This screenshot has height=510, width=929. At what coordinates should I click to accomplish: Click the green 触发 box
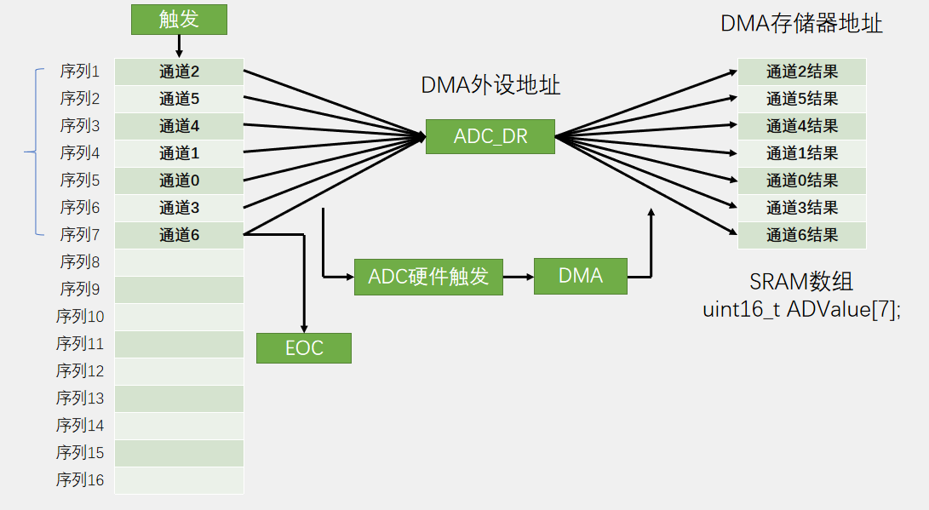pos(179,20)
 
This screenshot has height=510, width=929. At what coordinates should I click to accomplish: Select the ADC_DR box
pos(490,136)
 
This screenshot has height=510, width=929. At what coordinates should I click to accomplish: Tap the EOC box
pos(304,347)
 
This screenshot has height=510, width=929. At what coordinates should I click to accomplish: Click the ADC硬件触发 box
pos(428,277)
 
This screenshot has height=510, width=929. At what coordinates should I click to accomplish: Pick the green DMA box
pos(581,276)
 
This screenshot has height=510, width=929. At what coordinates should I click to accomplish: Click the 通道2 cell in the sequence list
pos(179,72)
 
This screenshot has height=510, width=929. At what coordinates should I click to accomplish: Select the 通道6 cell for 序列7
pos(179,235)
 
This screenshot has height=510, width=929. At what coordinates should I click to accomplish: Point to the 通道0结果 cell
pos(801,181)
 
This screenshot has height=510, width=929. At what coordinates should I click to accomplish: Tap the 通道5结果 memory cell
pos(801,99)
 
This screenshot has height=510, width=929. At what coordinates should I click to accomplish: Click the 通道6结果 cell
pos(801,235)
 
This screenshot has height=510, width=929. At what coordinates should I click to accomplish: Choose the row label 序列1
pos(79,72)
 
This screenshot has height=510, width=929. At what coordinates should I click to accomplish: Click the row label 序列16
pos(80,480)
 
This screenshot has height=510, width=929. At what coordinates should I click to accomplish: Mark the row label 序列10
pos(80,317)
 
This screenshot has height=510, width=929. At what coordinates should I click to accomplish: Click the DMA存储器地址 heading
pos(801,24)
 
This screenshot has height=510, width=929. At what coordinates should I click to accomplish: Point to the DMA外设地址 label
pos(490,85)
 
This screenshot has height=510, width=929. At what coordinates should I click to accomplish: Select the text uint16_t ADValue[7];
pos(801,309)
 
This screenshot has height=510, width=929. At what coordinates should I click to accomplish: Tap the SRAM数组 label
pos(801,282)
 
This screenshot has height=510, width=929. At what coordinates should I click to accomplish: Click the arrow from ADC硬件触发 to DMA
pos(519,277)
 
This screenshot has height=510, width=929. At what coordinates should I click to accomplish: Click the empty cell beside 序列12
pos(179,371)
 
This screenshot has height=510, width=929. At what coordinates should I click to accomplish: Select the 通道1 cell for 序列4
pos(179,153)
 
